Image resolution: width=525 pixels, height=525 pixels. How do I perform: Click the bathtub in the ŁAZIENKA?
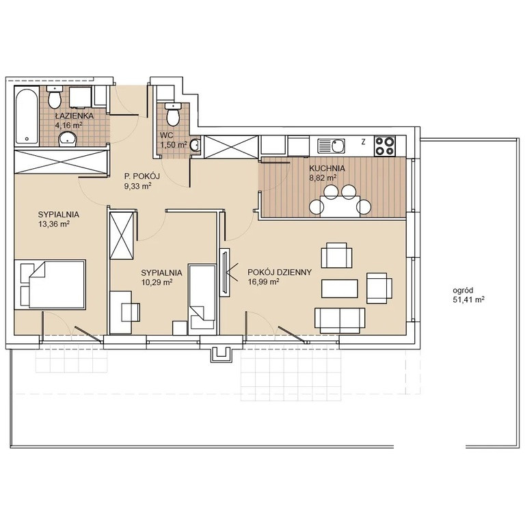click(x=27, y=116)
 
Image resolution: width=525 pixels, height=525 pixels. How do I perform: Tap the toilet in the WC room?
click(x=173, y=114)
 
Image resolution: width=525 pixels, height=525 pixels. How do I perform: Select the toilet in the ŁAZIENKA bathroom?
click(x=54, y=97)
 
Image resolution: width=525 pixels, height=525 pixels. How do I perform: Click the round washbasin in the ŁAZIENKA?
click(x=68, y=139)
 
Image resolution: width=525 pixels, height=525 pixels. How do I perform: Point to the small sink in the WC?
click(x=195, y=145)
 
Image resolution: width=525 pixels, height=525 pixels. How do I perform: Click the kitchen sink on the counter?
click(x=331, y=146)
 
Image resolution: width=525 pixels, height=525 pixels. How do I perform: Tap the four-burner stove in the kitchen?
click(x=385, y=146)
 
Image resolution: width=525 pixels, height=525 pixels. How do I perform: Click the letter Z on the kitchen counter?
click(x=363, y=142)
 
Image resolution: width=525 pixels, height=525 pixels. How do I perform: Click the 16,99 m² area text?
click(x=263, y=282)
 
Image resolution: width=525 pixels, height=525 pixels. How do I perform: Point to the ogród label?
click(x=463, y=291)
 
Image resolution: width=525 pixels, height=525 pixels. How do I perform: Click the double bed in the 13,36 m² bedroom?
click(x=50, y=284)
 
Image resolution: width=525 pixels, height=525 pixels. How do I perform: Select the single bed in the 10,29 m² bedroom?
click(x=202, y=299)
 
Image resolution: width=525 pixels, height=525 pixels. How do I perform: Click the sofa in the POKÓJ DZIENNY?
click(x=340, y=321)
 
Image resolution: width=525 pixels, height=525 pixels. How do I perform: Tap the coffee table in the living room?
click(x=340, y=288)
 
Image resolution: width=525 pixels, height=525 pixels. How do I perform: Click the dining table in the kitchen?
click(x=340, y=206)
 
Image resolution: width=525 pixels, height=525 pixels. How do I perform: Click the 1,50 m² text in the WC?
click(x=174, y=145)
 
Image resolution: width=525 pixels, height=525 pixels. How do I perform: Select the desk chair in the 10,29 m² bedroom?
click(x=131, y=312)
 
